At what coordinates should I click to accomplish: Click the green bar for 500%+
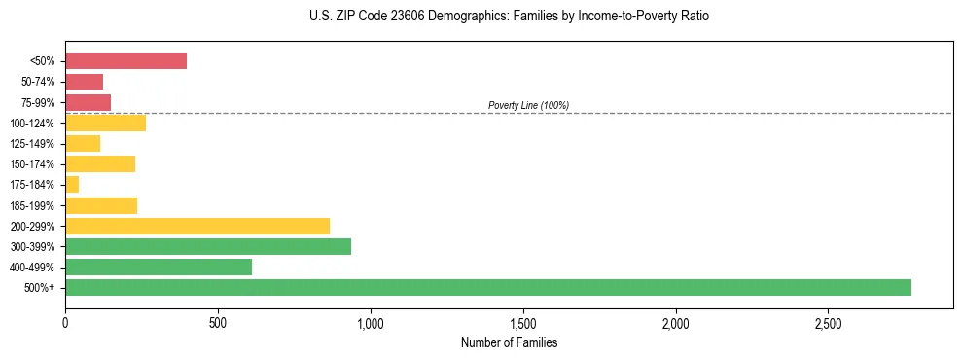[x=487, y=287]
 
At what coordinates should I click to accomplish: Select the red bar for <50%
[x=125, y=60]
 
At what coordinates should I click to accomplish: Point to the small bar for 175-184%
[x=72, y=184]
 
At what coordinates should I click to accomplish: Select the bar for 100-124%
[x=105, y=123]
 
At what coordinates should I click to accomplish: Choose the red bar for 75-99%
[x=88, y=102]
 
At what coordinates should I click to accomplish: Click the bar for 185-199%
[x=101, y=205]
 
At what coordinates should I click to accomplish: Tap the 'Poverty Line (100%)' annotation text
[x=528, y=105]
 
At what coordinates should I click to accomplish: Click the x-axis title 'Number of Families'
[x=509, y=342]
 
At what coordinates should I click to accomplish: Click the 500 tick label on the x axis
[x=218, y=322]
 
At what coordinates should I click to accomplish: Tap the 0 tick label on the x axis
[x=65, y=322]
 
